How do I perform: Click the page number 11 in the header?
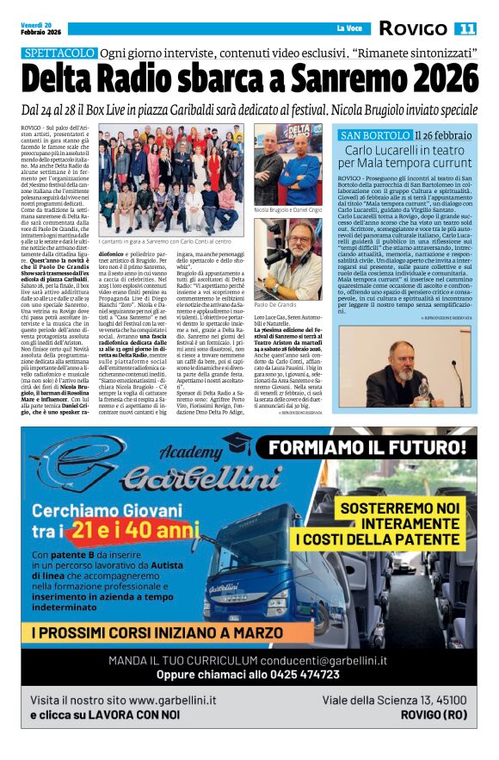coord(465,28)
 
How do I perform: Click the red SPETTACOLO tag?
coord(59,53)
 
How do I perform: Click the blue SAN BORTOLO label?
coord(375,136)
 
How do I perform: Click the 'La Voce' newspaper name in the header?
coord(350,28)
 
